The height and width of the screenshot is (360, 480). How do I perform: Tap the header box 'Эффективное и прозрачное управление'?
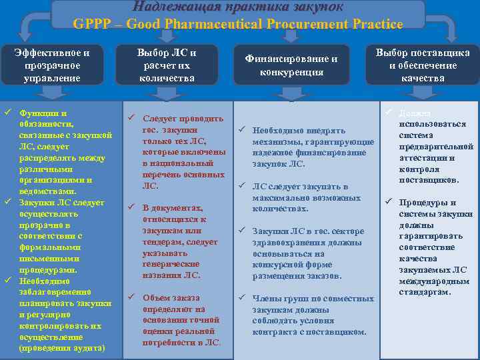pyautogui.click(x=51, y=65)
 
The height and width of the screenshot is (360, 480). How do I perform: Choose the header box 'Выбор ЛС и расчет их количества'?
pyautogui.click(x=167, y=65)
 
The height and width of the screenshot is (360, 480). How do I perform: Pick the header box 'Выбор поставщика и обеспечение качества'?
pyautogui.click(x=423, y=65)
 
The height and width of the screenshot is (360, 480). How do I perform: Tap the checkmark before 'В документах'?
pyautogui.click(x=131, y=208)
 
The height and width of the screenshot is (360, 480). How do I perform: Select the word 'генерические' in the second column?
pyautogui.click(x=171, y=264)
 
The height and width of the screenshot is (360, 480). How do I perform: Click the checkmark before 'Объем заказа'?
pyautogui.click(x=131, y=297)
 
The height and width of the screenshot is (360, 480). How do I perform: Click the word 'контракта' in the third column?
pyautogui.click(x=275, y=332)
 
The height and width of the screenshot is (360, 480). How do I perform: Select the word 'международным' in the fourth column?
pyautogui.click(x=434, y=281)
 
